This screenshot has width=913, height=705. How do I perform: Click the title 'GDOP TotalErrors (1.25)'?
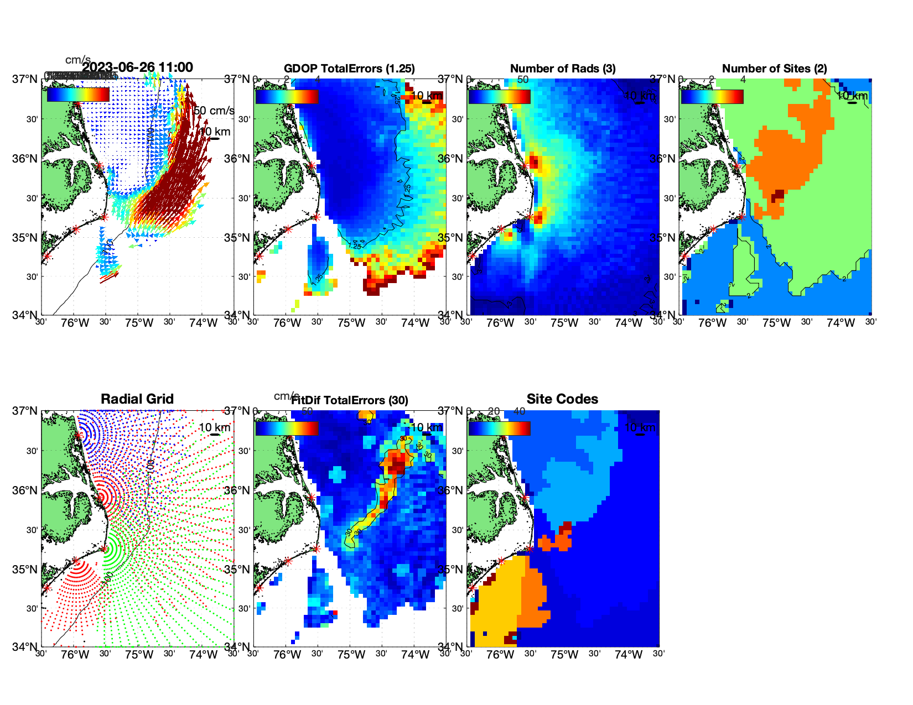349,69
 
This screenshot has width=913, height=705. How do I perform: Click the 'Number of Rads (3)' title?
563,69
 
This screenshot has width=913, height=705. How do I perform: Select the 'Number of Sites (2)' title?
774,69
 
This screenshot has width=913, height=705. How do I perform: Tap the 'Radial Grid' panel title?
137,399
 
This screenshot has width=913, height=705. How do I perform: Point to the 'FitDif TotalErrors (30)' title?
350,400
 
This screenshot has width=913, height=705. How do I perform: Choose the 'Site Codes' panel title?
562,399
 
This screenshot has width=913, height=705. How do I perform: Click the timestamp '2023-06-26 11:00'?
138,67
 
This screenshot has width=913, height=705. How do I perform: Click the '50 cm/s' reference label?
214,111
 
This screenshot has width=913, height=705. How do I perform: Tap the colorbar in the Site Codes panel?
499,428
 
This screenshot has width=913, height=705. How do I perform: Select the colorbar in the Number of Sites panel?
712,96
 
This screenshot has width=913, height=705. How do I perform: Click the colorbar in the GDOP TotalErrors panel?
287,96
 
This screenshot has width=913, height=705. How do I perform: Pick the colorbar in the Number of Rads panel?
499,96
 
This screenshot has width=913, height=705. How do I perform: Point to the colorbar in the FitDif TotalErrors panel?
287,428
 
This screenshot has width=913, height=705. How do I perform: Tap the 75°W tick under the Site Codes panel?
564,655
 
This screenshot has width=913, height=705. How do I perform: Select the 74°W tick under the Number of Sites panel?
841,323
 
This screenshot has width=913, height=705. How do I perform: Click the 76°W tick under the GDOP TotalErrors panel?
287,323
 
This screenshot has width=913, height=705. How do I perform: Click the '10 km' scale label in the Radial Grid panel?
214,427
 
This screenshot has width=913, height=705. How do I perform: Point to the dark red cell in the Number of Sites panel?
779,194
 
